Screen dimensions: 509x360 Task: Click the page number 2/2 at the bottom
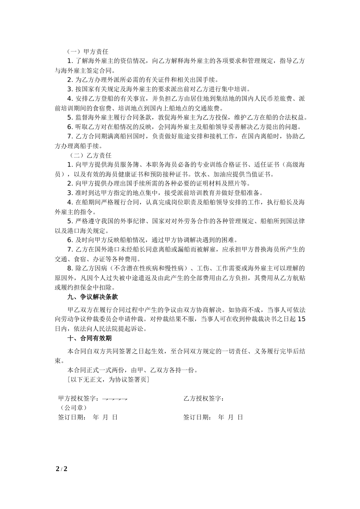coord(61,469)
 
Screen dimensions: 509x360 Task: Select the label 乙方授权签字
coord(203,398)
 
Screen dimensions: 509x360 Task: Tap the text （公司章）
coord(73,408)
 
